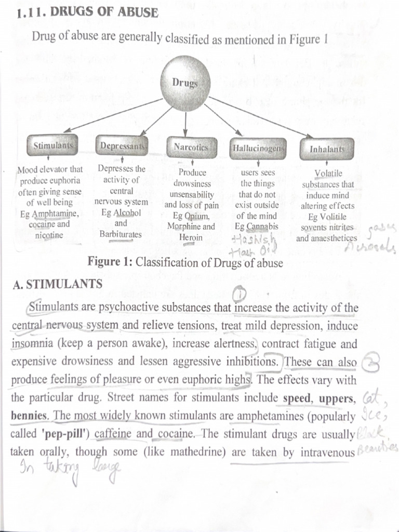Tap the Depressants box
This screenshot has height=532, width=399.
point(123,146)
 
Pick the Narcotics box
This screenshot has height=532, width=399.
point(190,148)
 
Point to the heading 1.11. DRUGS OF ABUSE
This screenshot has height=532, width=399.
point(87,12)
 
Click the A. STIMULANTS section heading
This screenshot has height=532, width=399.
point(57,284)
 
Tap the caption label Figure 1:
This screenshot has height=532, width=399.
point(110,262)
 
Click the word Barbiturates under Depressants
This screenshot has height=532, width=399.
point(120,234)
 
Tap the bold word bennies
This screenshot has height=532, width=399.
point(30,417)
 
